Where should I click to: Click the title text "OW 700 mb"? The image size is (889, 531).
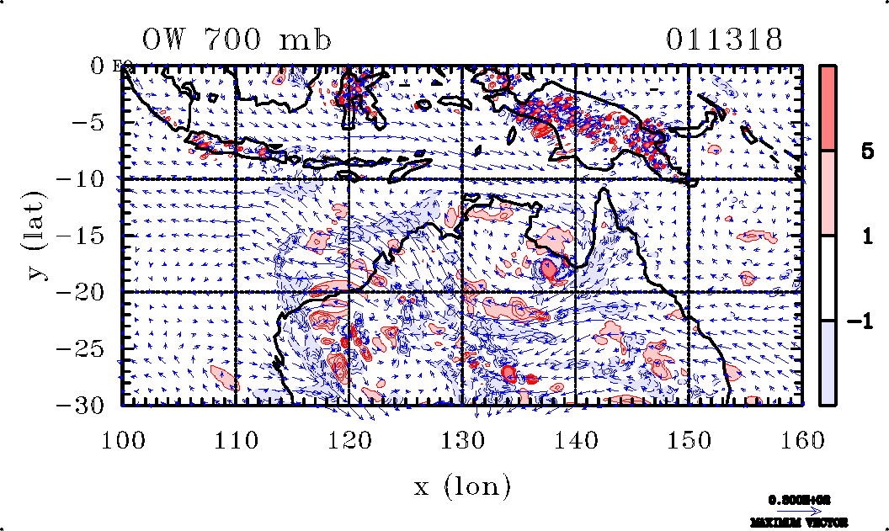point(236,40)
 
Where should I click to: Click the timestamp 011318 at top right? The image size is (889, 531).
point(724,40)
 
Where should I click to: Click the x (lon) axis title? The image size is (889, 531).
point(462,486)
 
